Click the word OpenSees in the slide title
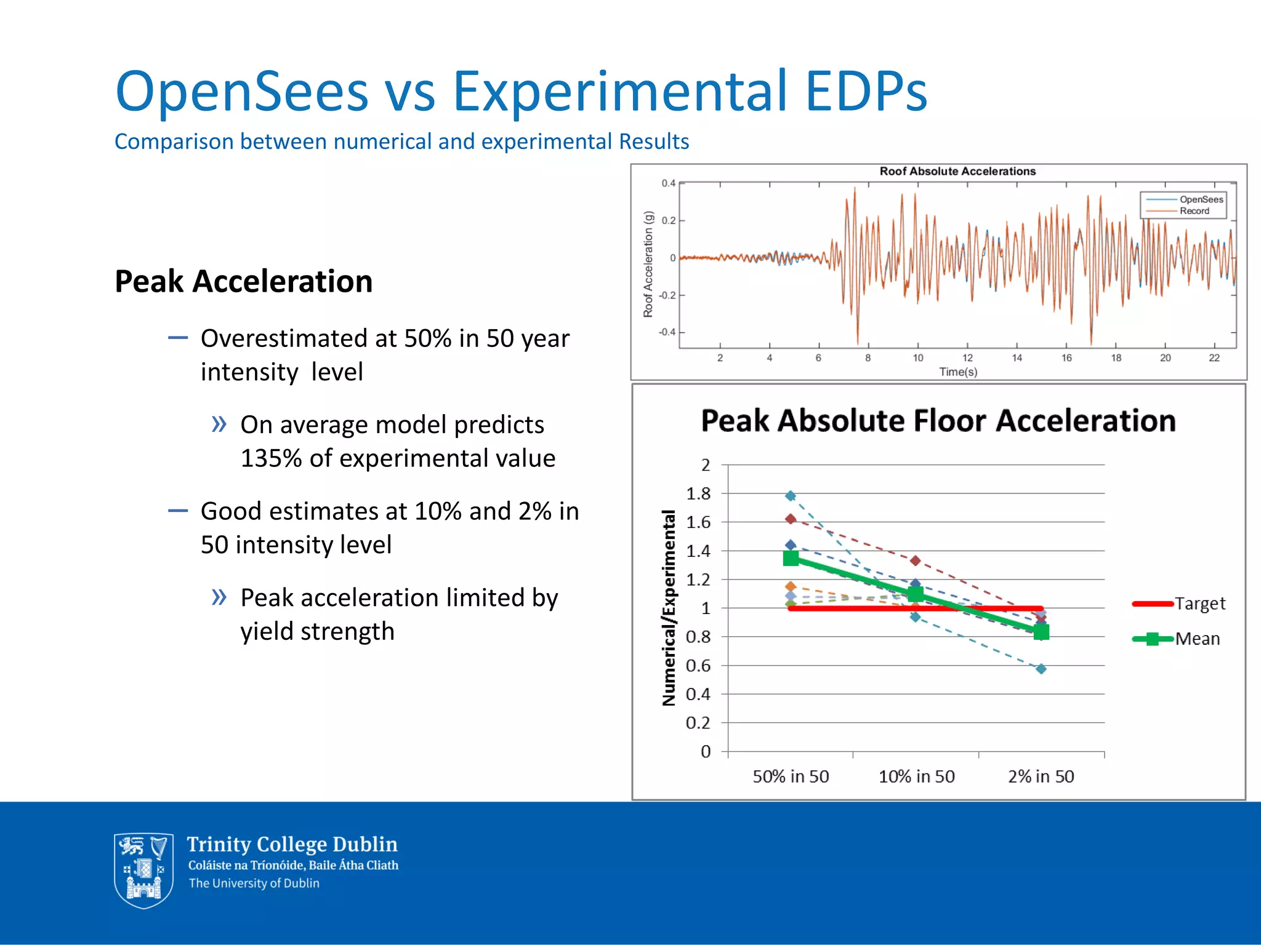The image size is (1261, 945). [x=241, y=92]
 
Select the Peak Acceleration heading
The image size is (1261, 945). [x=243, y=282]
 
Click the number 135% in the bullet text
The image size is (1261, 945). [x=271, y=458]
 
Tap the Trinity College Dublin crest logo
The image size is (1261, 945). [x=143, y=870]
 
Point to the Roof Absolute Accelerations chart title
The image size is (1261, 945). [x=957, y=171]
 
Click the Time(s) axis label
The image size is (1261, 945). [x=958, y=372]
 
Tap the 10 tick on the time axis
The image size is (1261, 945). [x=917, y=358]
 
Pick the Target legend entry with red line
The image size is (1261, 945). [x=1179, y=604]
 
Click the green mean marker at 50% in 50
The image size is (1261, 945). [x=791, y=559]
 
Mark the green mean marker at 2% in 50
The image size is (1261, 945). [x=1041, y=632]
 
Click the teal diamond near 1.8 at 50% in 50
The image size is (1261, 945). [x=791, y=496]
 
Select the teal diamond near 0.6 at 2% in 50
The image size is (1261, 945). [x=1041, y=669]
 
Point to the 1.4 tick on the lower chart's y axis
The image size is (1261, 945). [x=698, y=551]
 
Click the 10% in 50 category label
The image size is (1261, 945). [x=916, y=776]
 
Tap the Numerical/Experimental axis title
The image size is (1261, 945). [x=669, y=608]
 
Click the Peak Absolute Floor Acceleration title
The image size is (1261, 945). [x=938, y=421]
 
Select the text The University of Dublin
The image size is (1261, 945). [x=254, y=883]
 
